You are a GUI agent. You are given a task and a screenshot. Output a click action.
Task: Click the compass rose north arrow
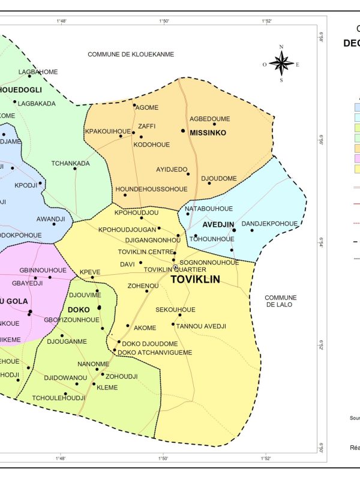point(281,62)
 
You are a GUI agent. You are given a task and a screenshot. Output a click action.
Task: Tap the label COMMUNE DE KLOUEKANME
point(131,54)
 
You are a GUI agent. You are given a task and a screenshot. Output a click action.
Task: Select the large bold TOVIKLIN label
point(196,280)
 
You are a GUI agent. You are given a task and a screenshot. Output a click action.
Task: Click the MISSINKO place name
point(208,133)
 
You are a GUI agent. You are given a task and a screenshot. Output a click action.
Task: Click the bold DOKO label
point(79,310)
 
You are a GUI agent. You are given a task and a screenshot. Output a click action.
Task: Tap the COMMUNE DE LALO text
point(280,301)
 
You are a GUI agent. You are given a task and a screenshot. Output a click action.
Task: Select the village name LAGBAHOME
point(38,72)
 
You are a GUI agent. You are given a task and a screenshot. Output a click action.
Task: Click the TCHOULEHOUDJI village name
point(58,398)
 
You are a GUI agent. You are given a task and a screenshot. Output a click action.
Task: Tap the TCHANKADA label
point(70,163)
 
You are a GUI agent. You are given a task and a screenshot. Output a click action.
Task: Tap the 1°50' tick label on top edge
point(164,21)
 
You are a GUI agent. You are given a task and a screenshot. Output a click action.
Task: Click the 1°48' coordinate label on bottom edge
point(61,458)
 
